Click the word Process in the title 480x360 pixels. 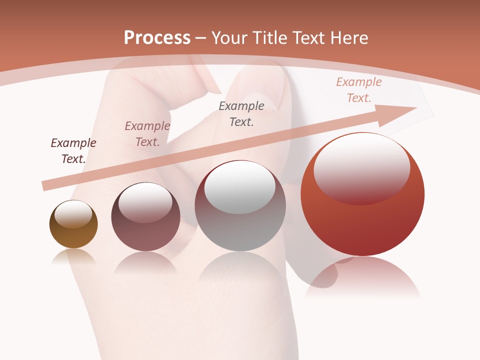pos(157,37)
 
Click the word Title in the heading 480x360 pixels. pos(268,37)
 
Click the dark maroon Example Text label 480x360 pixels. pos(73,150)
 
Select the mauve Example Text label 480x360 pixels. pos(147,134)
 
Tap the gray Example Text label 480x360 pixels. pos(241,113)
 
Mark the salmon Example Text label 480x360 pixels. pos(359,90)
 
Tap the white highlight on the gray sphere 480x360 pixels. pos(240,187)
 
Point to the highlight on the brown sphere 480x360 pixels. pos(73,214)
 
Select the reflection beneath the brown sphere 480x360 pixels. pos(73,257)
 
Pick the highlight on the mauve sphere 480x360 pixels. pos(145,202)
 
